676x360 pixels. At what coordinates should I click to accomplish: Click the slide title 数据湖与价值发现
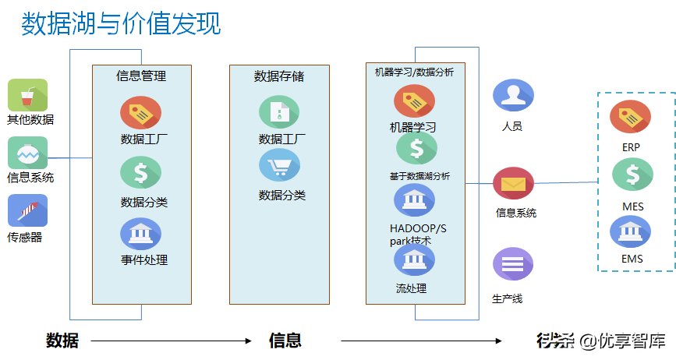(121, 23)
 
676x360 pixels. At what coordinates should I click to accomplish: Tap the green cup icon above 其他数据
(27, 96)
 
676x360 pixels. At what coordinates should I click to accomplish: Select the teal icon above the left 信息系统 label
(27, 154)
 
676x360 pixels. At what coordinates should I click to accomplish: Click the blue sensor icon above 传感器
(27, 210)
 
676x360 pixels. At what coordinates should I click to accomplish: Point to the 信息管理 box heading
(141, 76)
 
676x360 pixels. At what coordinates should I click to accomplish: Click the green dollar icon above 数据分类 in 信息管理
(140, 173)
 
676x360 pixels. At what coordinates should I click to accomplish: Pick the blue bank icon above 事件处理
(140, 233)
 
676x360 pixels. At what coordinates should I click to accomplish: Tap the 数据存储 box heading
(278, 76)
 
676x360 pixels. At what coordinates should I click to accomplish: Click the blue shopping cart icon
(279, 166)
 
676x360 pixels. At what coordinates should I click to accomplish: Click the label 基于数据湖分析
(419, 176)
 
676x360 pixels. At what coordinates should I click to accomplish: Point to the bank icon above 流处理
(414, 261)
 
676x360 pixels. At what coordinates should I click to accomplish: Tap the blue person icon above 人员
(512, 96)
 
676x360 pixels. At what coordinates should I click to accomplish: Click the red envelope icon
(512, 184)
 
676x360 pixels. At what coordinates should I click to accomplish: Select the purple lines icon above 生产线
(512, 264)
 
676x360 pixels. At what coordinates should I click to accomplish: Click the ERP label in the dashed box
(631, 147)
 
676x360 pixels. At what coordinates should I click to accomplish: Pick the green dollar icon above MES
(632, 175)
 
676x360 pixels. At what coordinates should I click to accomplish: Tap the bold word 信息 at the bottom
(285, 341)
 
